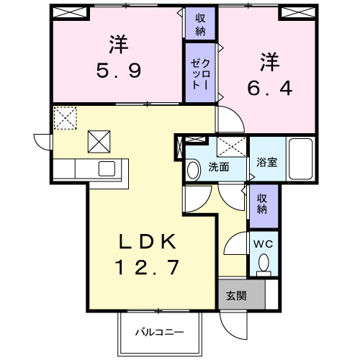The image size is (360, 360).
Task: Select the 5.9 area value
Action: (x=120, y=71)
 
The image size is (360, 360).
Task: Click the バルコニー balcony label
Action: (x=159, y=333)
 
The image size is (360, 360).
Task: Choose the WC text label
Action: (x=264, y=243)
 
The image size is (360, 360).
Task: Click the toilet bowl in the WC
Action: (x=264, y=264)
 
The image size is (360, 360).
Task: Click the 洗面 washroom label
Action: (x=218, y=168)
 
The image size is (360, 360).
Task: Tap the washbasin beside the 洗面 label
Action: (x=192, y=170)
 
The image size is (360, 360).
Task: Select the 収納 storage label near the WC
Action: (x=263, y=203)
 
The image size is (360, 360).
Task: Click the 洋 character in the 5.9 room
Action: (x=120, y=43)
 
